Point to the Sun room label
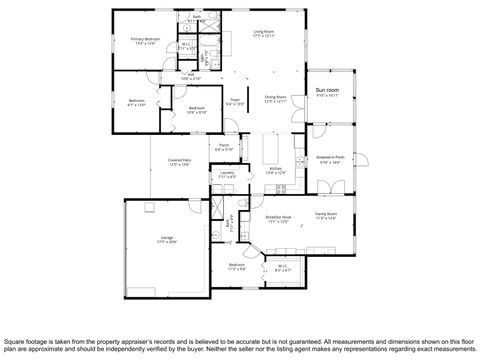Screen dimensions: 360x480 tap(328, 91)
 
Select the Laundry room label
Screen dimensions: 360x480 tap(228, 174)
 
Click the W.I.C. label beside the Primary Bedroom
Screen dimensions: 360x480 tap(186, 44)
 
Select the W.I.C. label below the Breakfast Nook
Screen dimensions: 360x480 tap(283, 266)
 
